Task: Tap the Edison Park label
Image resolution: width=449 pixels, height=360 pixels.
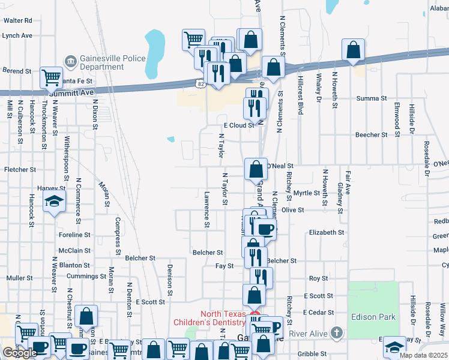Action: pos(372,317)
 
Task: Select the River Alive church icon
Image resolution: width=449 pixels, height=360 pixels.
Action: pos(337,332)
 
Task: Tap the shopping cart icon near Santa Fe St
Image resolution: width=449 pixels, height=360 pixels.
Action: pos(51,77)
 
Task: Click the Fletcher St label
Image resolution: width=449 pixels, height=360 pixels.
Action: pos(21,170)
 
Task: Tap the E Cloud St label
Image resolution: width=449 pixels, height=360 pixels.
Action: pos(239,125)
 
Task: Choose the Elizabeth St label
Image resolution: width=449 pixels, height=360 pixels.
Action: pos(327,232)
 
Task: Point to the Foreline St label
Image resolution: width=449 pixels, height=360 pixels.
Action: pos(74,235)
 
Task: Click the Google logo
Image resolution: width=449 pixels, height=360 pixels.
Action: pos(20,353)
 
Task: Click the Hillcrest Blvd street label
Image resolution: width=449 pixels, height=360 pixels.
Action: pos(300,95)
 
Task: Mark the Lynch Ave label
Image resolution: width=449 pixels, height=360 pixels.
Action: pos(17,35)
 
